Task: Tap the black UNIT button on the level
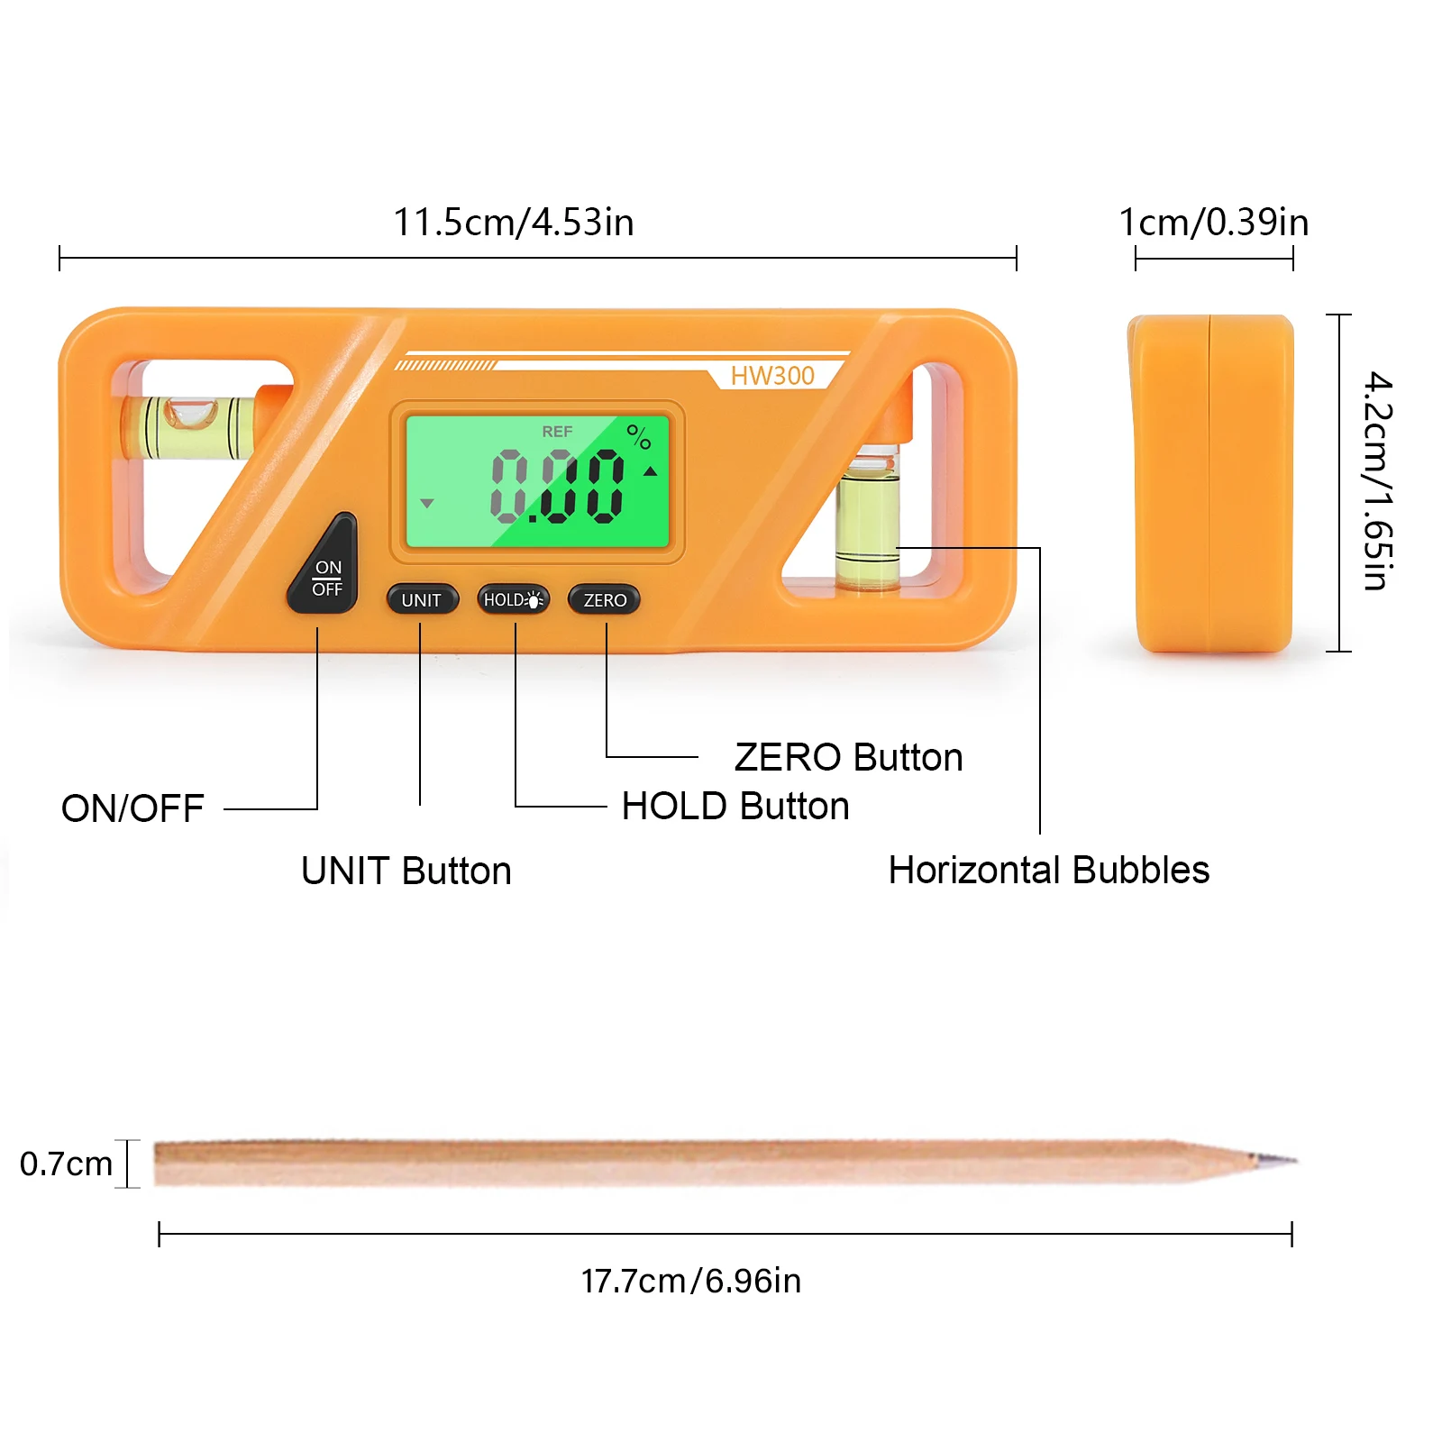click(422, 599)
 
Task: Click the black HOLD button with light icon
click(513, 599)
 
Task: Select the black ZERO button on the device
click(605, 599)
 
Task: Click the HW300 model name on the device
click(772, 376)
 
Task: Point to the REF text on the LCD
click(557, 432)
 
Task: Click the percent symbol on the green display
click(639, 437)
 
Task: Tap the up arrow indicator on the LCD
click(650, 471)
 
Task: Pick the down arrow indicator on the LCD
click(427, 503)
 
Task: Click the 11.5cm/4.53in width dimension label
click(514, 223)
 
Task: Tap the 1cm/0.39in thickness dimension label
click(1213, 223)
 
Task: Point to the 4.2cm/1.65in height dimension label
click(1377, 481)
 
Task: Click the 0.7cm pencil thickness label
click(66, 1164)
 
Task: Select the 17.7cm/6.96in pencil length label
click(691, 1281)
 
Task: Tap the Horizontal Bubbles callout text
click(1048, 871)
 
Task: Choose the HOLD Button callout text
click(735, 807)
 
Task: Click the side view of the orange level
click(1212, 483)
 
